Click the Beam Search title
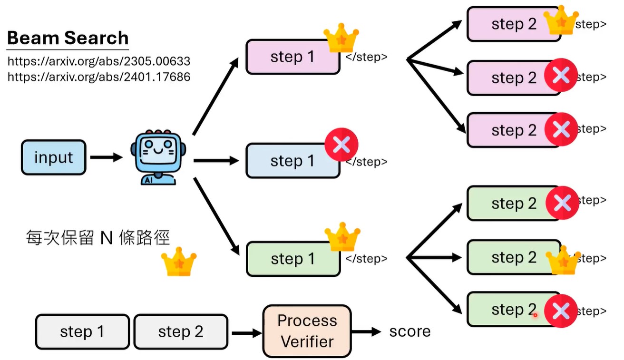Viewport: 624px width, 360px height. pos(68,38)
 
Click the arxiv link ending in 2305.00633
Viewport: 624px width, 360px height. pos(99,61)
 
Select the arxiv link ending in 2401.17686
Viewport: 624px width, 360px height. pos(99,77)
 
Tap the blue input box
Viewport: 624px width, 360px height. pos(53,157)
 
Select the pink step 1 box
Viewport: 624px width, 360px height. pos(292,57)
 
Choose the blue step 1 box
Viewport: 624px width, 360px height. pos(292,161)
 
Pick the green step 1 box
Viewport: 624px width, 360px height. pos(292,259)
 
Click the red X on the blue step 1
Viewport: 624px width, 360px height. pos(341,145)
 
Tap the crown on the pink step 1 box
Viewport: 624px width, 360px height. pos(341,39)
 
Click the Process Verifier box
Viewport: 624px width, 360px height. pos(307,331)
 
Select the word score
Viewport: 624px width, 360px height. pos(409,331)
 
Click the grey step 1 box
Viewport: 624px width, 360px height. pos(82,331)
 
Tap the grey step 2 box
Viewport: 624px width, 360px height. pos(181,331)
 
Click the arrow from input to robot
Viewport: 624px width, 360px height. pos(106,157)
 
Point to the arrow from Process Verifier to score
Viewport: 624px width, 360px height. pos(366,331)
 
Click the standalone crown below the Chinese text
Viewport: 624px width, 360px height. pos(179,261)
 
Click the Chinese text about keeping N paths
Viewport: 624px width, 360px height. pos(97,237)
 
